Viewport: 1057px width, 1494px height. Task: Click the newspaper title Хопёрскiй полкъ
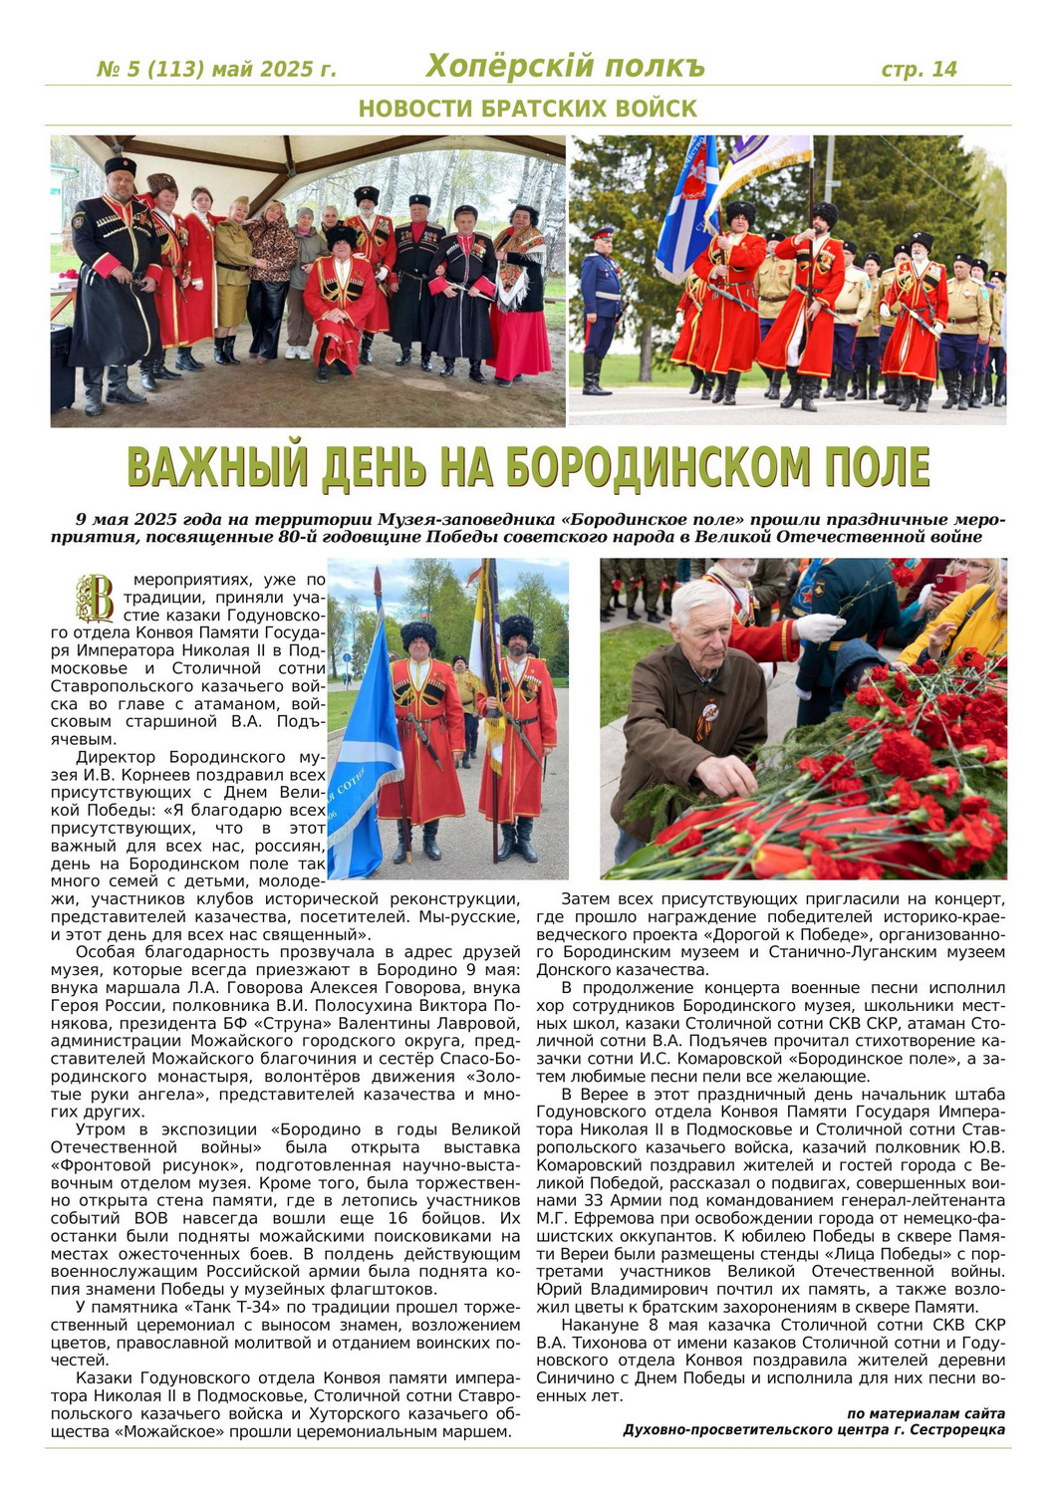(564, 67)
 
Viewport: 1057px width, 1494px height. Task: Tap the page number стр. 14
(919, 69)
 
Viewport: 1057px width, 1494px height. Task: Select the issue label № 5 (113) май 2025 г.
(216, 70)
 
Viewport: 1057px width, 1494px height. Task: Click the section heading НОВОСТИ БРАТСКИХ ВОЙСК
(528, 109)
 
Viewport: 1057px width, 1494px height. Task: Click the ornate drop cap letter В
(97, 599)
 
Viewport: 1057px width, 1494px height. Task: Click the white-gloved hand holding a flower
(820, 626)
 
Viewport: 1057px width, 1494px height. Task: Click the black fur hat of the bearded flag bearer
(517, 628)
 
